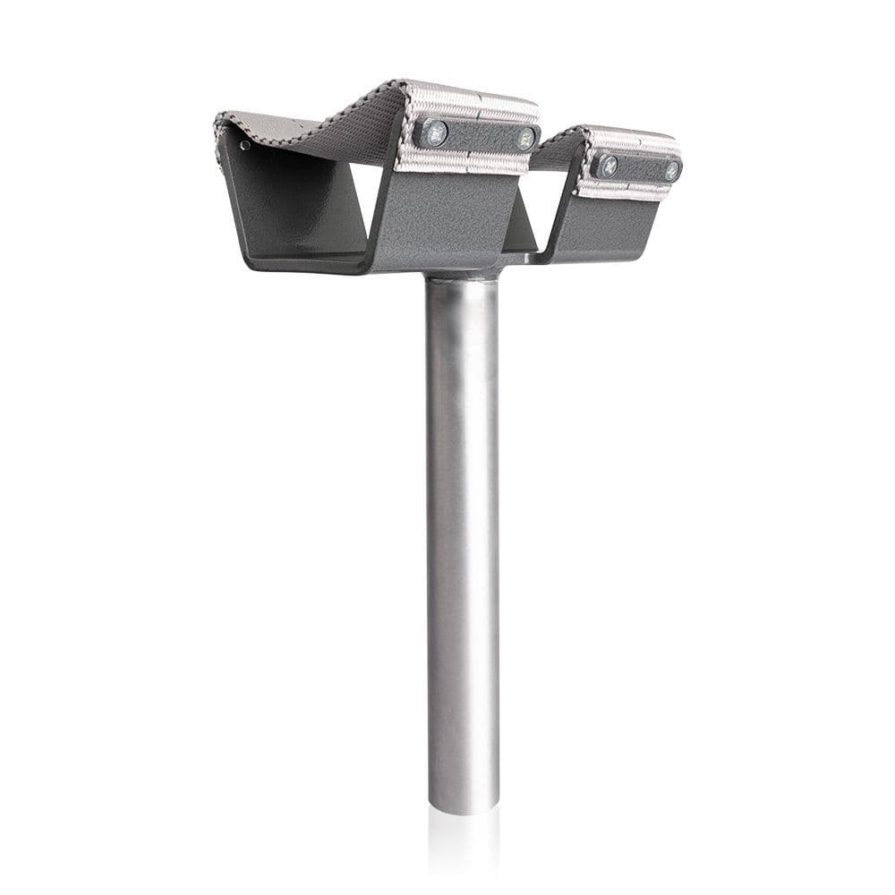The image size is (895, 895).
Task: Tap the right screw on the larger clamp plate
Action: (526, 139)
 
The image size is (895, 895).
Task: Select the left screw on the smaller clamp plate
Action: (608, 164)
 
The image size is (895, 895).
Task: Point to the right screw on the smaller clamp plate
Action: (670, 169)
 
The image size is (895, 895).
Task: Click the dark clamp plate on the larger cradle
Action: (480, 136)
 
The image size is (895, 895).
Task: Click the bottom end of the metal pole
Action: (463, 805)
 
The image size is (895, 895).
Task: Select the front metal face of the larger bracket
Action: (447, 215)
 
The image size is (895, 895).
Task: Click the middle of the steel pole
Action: (463, 537)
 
